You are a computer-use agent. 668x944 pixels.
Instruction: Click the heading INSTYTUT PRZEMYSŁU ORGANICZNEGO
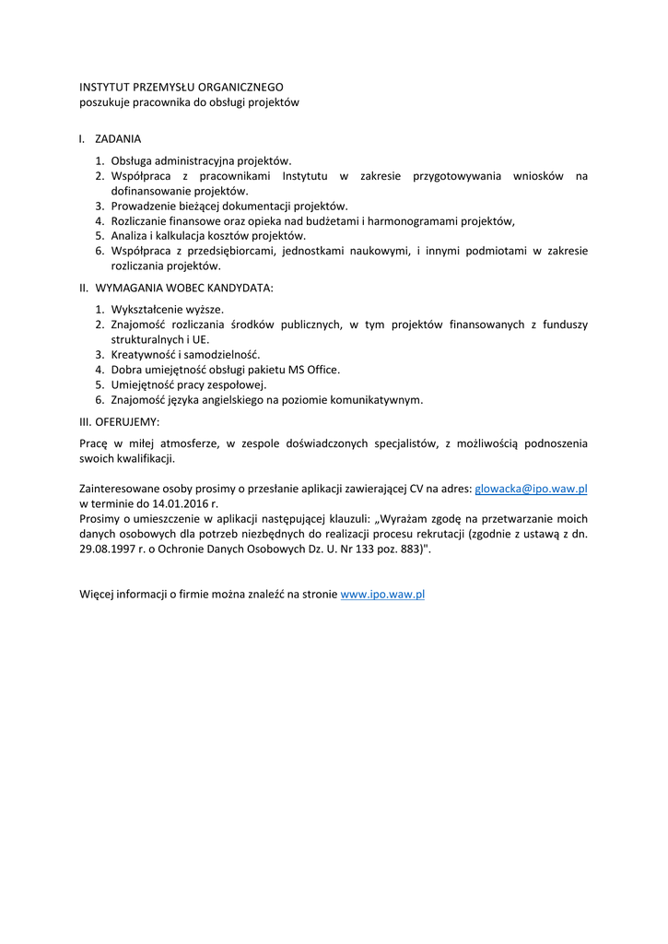182,87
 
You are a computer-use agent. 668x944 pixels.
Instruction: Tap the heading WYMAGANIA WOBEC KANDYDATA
184,288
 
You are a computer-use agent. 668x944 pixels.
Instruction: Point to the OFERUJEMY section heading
127,421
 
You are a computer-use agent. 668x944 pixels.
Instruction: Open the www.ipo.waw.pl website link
382,595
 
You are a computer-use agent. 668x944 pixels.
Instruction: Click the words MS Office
316,370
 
